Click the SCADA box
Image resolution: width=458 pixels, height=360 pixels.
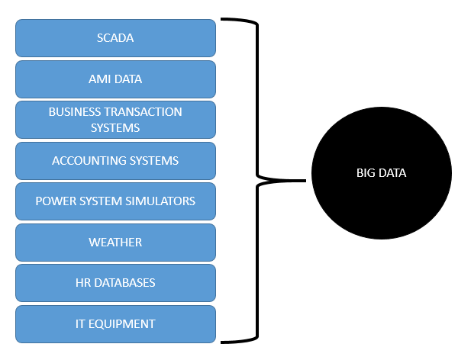pyautogui.click(x=115, y=38)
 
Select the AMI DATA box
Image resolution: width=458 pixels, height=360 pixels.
pyautogui.click(x=115, y=79)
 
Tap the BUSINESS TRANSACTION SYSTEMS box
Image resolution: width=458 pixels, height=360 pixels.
pyautogui.click(x=115, y=120)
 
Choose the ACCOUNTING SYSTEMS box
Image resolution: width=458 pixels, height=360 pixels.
pyautogui.click(x=115, y=160)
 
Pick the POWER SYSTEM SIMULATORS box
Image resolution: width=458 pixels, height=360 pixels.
pyautogui.click(x=115, y=201)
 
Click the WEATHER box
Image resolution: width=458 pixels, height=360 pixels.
pyautogui.click(x=115, y=242)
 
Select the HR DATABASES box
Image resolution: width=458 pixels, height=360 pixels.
pyautogui.click(x=115, y=283)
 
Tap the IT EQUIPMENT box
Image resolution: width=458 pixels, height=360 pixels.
pyautogui.click(x=115, y=323)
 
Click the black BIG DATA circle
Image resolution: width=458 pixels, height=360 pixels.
pyautogui.click(x=381, y=173)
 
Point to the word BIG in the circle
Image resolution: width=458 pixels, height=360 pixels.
pyautogui.click(x=366, y=173)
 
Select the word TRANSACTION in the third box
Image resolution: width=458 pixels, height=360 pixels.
pyautogui.click(x=146, y=111)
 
